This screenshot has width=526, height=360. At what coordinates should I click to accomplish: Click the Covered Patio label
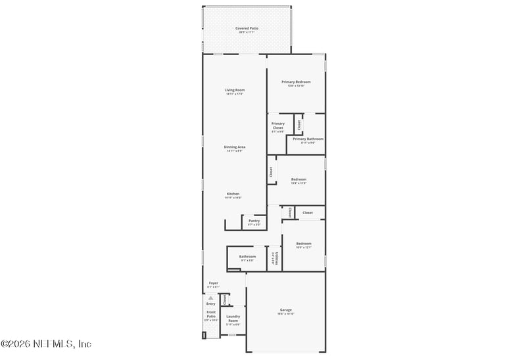point(247,28)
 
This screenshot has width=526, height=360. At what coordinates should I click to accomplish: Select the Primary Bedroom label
point(296,81)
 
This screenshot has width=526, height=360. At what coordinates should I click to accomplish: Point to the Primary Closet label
point(277,127)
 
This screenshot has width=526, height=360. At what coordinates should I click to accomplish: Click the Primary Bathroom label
point(308,139)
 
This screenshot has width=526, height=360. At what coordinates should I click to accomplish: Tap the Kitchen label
point(233,194)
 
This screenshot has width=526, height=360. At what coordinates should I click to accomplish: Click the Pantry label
point(254,221)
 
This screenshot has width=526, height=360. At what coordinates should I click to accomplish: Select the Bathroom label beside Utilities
point(247,256)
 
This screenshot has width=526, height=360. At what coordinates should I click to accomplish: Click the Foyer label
point(213,283)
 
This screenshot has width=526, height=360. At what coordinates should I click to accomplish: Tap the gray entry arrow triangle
point(211,298)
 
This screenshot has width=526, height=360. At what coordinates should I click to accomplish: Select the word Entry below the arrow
point(211,304)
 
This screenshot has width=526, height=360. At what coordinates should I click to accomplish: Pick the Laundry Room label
point(233,318)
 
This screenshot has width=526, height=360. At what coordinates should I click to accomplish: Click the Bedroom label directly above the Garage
point(303,244)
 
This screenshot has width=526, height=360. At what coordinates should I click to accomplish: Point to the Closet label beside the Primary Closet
point(299,124)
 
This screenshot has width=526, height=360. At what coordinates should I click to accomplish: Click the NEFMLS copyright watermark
point(46,344)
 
